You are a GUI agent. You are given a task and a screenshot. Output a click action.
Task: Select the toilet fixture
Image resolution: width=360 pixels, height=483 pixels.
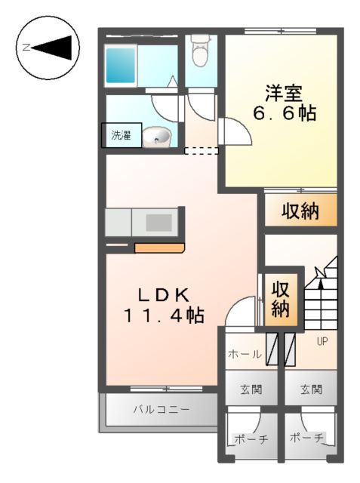pyautogui.click(x=201, y=52)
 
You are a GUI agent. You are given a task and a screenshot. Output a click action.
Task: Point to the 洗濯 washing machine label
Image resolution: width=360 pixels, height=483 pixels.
pyautogui.click(x=121, y=136)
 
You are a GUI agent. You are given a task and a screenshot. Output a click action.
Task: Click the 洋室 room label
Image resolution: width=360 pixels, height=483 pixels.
pyautogui.click(x=283, y=94)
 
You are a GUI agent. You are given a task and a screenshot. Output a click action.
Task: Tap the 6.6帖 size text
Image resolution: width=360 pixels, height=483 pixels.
pyautogui.click(x=283, y=115)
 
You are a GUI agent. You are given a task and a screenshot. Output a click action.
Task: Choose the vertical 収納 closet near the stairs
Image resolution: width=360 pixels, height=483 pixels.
pyautogui.click(x=282, y=299)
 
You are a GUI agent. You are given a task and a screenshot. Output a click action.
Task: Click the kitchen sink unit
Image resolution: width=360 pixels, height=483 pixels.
pyautogui.click(x=158, y=223)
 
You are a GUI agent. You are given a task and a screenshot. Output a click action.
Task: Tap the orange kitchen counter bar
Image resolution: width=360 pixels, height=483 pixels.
pyautogui.click(x=159, y=248)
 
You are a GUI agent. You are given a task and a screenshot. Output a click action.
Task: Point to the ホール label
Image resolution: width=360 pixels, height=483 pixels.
pyautogui.click(x=245, y=353)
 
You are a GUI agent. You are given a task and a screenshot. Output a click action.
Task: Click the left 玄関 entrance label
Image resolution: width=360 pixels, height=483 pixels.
pyautogui.click(x=251, y=390)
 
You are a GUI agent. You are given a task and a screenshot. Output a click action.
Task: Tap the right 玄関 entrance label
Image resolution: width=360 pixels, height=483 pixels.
pyautogui.click(x=310, y=390)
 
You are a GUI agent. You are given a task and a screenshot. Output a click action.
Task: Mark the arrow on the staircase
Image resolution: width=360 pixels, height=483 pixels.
pyautogui.click(x=321, y=291)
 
